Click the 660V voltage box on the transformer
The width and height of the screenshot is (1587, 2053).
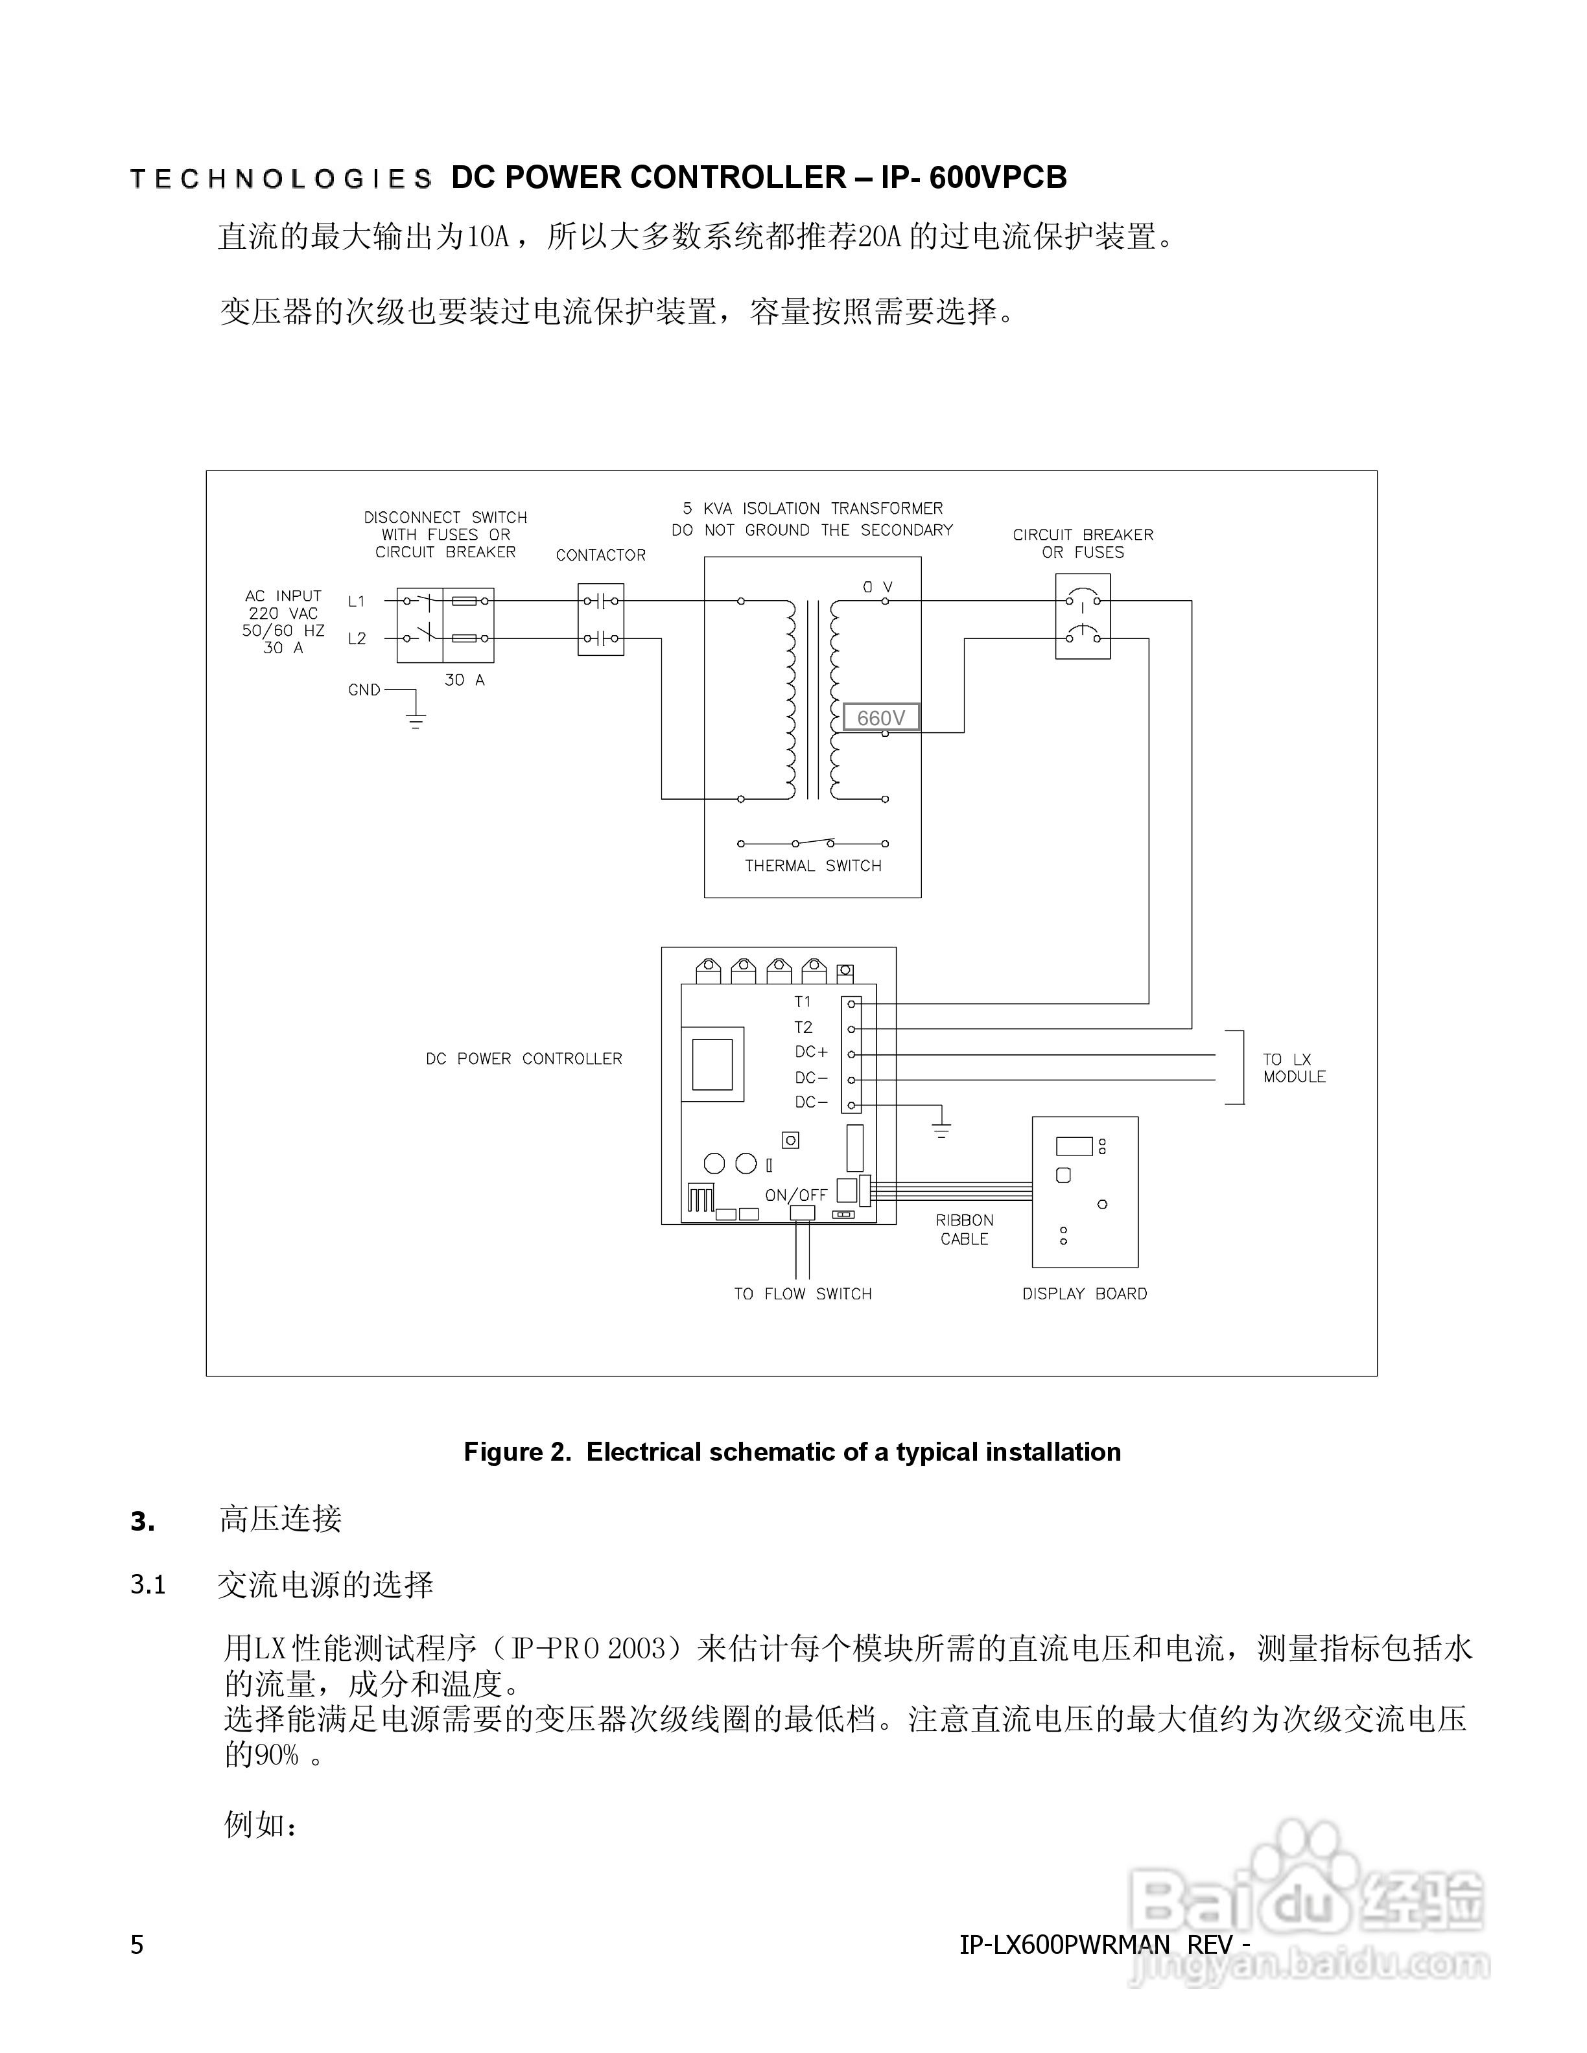[881, 718]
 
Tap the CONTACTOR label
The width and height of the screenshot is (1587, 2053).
[601, 555]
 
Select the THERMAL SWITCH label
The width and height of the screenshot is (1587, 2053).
[813, 866]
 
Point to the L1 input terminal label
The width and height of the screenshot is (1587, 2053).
[357, 601]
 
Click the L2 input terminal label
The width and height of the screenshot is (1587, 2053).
[357, 639]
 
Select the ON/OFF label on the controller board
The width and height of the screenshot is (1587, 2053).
[796, 1196]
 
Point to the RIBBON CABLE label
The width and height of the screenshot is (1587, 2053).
[965, 1229]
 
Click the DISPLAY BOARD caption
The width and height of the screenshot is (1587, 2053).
[1085, 1293]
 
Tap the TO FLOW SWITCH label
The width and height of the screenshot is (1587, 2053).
[803, 1293]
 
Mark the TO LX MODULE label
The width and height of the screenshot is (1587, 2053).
[1294, 1068]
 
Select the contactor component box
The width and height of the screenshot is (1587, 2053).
[601, 620]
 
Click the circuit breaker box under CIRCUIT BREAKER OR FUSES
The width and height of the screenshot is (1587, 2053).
[1083, 617]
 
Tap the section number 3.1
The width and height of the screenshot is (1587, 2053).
[148, 1585]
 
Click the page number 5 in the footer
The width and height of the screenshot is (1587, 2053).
[137, 1945]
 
